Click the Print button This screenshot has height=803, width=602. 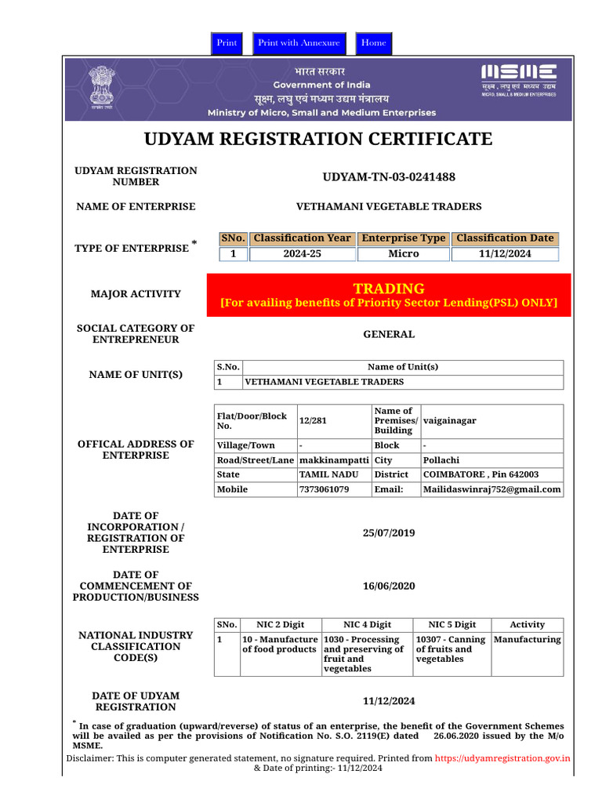[227, 43]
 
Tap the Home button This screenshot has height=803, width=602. [374, 43]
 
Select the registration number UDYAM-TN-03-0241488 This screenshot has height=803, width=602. [389, 177]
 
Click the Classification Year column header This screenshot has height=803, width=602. [303, 238]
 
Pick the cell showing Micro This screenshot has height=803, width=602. [404, 254]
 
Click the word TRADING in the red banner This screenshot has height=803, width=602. [389, 288]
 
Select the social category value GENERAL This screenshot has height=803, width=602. [389, 334]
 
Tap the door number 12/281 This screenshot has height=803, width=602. [312, 421]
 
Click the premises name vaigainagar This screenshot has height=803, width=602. [450, 421]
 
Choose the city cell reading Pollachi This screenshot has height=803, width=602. [441, 460]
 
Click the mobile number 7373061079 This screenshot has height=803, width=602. [325, 489]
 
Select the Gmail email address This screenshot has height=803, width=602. [492, 489]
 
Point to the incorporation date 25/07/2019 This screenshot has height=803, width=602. [389, 533]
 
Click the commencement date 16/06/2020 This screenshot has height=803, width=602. [389, 587]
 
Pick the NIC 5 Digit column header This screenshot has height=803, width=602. [451, 625]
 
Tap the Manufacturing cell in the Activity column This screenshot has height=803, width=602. [528, 640]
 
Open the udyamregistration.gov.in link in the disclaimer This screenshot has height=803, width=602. [502, 758]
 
